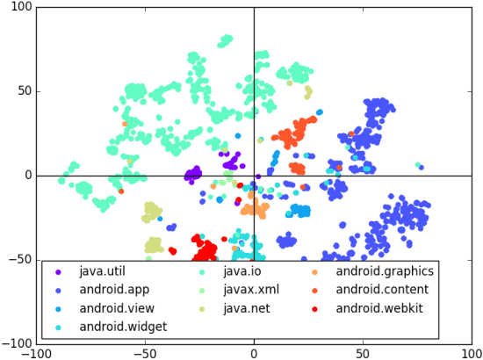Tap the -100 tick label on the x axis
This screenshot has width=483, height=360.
[37, 353]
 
